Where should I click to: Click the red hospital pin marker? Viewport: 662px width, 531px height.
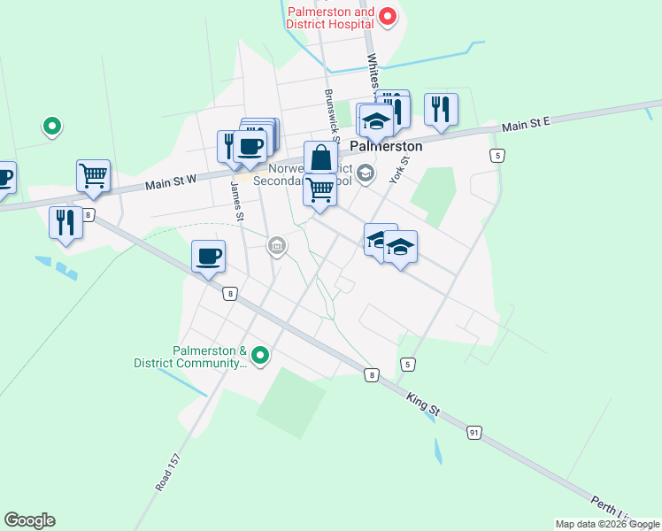pyautogui.click(x=387, y=16)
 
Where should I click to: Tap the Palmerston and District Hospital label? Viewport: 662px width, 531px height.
pyautogui.click(x=330, y=19)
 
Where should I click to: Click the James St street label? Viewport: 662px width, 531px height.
pyautogui.click(x=236, y=202)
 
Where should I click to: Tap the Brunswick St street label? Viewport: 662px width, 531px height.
pyautogui.click(x=332, y=115)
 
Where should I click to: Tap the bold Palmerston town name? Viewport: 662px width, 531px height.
pyautogui.click(x=386, y=147)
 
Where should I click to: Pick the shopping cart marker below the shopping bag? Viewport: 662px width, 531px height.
pyautogui.click(x=320, y=190)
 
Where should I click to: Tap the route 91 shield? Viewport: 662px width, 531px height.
pyautogui.click(x=475, y=432)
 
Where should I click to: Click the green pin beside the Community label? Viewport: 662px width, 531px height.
pyautogui.click(x=260, y=356)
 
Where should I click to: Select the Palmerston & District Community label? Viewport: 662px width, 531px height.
pyautogui.click(x=189, y=357)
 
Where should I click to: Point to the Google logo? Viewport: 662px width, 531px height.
pyautogui.click(x=29, y=520)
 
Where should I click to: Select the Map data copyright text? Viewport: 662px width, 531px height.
pyautogui.click(x=607, y=524)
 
